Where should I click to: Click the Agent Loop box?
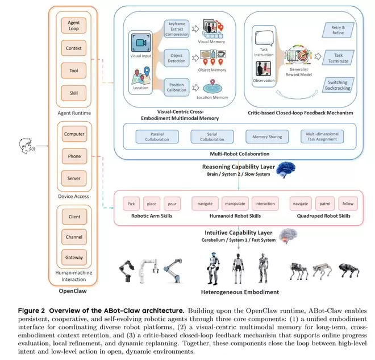coord(74,26)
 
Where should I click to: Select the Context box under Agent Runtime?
coord(74,48)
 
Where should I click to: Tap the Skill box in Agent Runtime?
coord(74,92)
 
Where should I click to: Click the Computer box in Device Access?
coord(74,134)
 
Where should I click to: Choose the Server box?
coord(74,177)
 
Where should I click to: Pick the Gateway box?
coord(74,258)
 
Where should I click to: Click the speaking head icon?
coord(24,146)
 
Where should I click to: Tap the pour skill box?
coord(172,203)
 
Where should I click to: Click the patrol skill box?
coord(324,203)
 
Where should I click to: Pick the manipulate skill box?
coord(235,203)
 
